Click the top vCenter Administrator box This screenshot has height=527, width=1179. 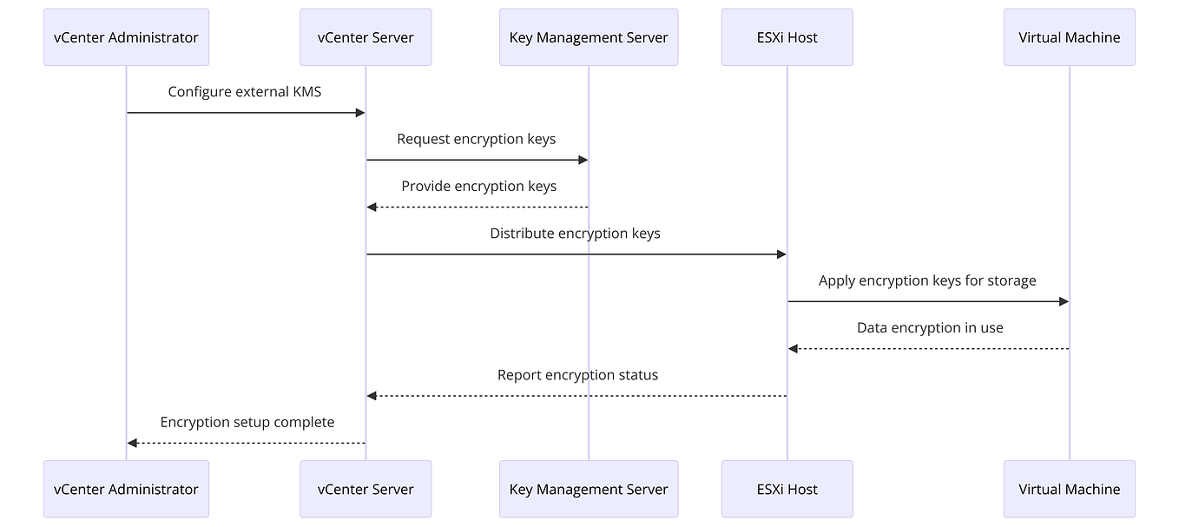(126, 37)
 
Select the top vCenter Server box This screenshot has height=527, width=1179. (366, 37)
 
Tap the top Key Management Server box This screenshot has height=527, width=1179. (588, 37)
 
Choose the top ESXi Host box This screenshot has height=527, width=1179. (787, 37)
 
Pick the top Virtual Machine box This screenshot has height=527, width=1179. (1069, 37)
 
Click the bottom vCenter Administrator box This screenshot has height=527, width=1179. (126, 489)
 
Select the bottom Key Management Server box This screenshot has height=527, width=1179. (588, 489)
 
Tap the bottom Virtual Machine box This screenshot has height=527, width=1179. (1069, 489)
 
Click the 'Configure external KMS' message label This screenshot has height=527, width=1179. (244, 91)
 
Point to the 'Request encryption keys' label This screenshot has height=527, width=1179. (476, 139)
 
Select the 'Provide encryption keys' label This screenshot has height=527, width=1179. (478, 186)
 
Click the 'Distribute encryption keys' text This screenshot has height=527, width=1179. (575, 233)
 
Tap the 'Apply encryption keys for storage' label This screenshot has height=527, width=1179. (926, 280)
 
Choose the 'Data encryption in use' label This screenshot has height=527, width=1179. (929, 327)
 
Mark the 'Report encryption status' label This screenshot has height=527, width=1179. (577, 375)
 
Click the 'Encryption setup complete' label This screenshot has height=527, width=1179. (247, 422)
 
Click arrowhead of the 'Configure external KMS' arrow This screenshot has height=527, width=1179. (360, 113)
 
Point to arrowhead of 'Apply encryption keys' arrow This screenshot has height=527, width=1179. (1064, 301)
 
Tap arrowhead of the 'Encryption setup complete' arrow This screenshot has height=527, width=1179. (132, 443)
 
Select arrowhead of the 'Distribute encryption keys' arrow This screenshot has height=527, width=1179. (781, 254)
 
